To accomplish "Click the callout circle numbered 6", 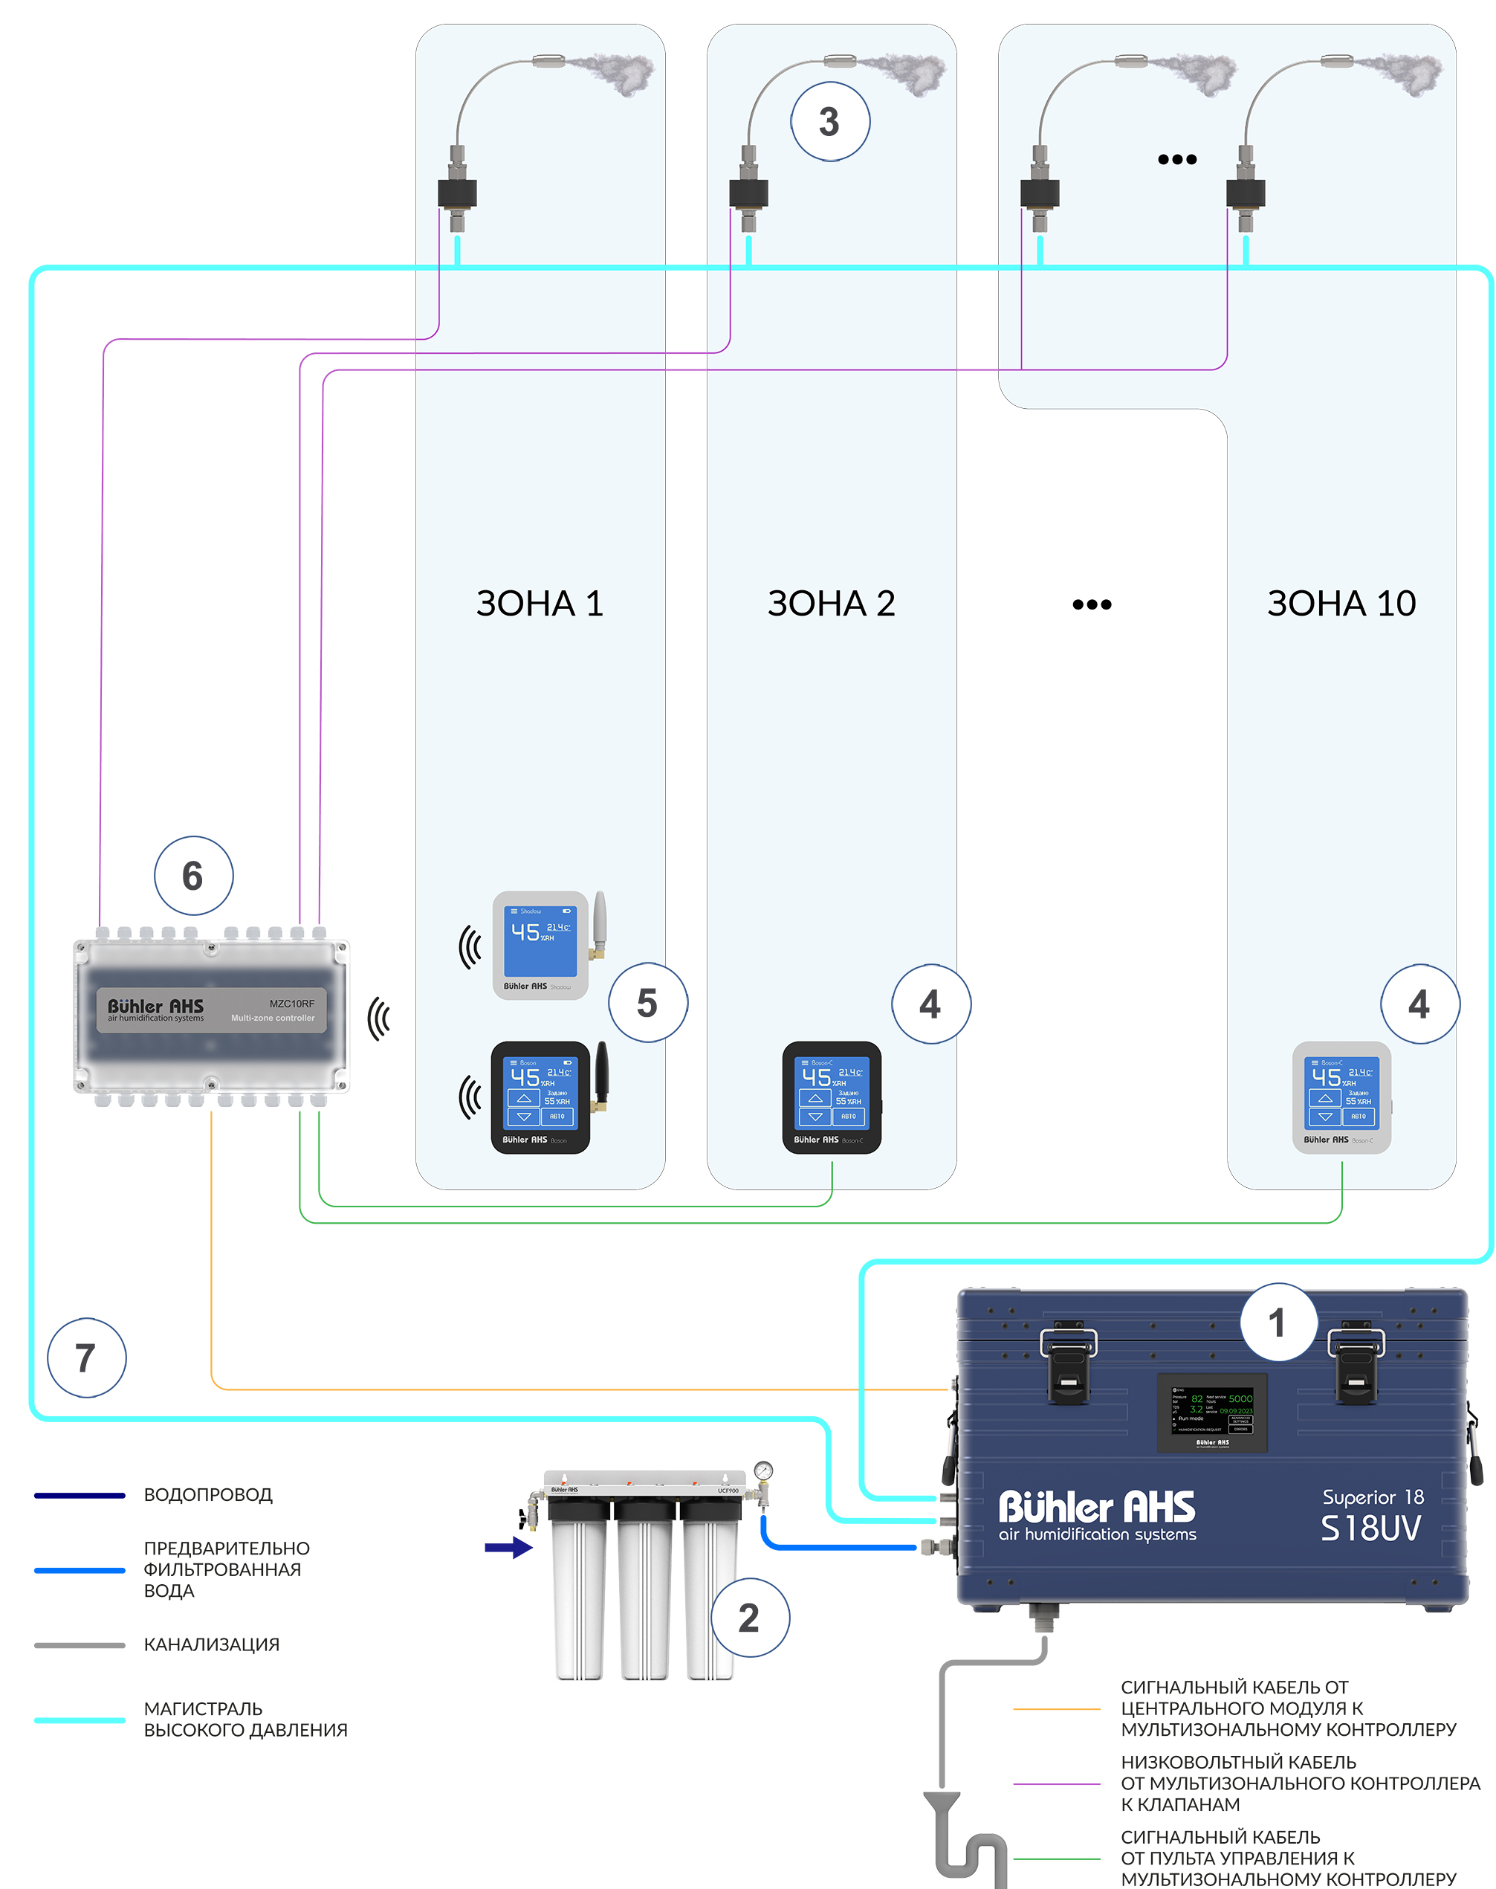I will pyautogui.click(x=193, y=875).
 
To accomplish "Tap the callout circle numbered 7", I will pyautogui.click(x=87, y=1357).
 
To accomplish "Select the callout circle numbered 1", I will pyautogui.click(x=1279, y=1322).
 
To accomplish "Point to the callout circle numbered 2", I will pyautogui.click(x=750, y=1618).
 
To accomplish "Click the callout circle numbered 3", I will pyautogui.click(x=830, y=122).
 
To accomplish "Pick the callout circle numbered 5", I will pyautogui.click(x=648, y=1002).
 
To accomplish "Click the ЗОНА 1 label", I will pyautogui.click(x=540, y=604).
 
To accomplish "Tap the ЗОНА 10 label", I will pyautogui.click(x=1341, y=604).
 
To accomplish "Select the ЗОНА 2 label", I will pyautogui.click(x=831, y=604).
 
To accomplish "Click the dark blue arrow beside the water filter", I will pyautogui.click(x=509, y=1547).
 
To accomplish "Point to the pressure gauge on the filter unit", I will pyautogui.click(x=764, y=1470).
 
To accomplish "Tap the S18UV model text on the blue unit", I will pyautogui.click(x=1370, y=1529).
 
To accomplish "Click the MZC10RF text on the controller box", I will pyautogui.click(x=291, y=1003).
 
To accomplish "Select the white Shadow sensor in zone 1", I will pyautogui.click(x=540, y=944).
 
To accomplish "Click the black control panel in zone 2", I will pyautogui.click(x=831, y=1097).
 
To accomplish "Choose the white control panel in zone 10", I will pyautogui.click(x=1341, y=1097).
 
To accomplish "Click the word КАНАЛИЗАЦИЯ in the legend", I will pyautogui.click(x=212, y=1644).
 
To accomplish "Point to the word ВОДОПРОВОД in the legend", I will pyautogui.click(x=208, y=1495).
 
